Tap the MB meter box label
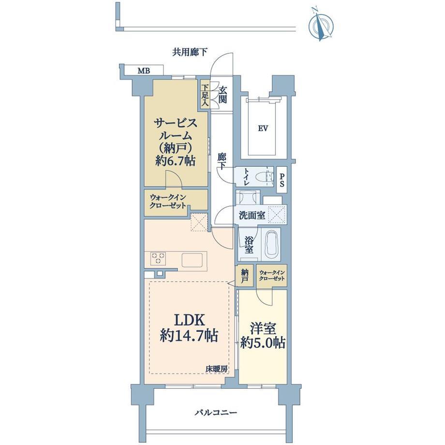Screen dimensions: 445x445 [x=144, y=71]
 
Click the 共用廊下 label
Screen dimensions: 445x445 [x=190, y=52]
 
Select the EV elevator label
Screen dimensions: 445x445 [x=263, y=129]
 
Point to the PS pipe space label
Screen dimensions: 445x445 [x=282, y=180]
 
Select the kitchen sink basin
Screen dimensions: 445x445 [x=192, y=260]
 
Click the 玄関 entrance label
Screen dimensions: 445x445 [x=223, y=95]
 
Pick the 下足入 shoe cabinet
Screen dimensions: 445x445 [x=205, y=95]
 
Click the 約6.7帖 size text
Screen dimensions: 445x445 [x=176, y=161]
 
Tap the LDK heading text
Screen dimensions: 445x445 [x=189, y=320]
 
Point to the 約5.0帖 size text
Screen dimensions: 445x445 [x=263, y=343]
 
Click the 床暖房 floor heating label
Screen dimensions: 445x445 [x=217, y=369]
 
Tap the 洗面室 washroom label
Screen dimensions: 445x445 [x=252, y=216]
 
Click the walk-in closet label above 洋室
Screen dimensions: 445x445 [x=272, y=275]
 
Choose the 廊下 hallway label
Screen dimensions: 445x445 [x=222, y=161]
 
